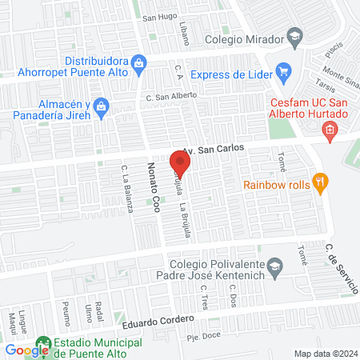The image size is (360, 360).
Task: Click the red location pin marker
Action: (x=179, y=164)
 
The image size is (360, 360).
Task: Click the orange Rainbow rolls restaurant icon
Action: (x=320, y=182)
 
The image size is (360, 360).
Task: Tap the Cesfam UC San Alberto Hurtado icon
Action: (x=330, y=130)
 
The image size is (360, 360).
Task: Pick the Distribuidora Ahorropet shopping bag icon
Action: (x=138, y=62)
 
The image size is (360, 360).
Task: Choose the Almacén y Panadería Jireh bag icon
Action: (x=101, y=106)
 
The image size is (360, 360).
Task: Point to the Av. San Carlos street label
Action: (x=210, y=150)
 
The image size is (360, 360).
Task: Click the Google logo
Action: (x=27, y=350)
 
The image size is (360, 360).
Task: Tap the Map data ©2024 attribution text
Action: (x=326, y=353)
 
